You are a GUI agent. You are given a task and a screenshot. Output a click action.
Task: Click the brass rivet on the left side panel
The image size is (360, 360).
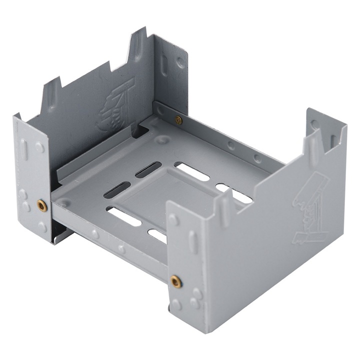(42, 205)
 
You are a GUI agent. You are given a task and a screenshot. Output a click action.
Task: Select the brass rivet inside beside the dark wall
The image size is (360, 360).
(178, 119)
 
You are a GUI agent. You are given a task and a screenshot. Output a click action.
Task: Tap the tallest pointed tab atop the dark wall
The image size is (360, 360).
(136, 45)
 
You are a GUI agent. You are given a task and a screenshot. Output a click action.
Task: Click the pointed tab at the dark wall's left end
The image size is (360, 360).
(51, 92)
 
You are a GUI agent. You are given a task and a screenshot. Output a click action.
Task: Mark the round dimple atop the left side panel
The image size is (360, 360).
(39, 147)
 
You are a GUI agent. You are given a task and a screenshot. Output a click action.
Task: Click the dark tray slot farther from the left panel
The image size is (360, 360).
(148, 169)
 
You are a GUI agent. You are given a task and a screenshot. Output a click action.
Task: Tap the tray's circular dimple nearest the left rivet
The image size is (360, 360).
(65, 203)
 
